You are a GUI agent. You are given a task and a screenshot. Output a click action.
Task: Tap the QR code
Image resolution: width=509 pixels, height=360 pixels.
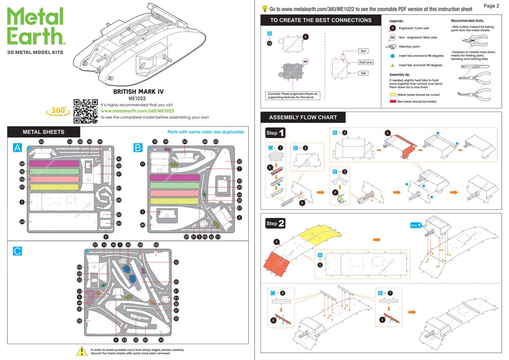pyautogui.click(x=86, y=110)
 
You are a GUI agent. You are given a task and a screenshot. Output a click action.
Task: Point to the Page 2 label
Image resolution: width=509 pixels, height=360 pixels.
pyautogui.click(x=491, y=6)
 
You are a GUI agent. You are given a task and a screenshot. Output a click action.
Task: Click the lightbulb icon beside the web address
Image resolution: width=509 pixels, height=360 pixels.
pyautogui.click(x=265, y=8)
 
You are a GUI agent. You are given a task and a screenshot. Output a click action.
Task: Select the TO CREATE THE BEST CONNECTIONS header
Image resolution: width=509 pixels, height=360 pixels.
pyautogui.click(x=321, y=20)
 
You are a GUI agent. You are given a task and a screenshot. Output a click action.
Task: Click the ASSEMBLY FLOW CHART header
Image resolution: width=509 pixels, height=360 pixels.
pyautogui.click(x=303, y=117)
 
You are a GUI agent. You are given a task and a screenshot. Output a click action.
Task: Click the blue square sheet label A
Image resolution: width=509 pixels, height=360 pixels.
pyautogui.click(x=18, y=148)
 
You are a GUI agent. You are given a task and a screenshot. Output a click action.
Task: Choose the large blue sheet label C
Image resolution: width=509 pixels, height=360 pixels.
pyautogui.click(x=17, y=252)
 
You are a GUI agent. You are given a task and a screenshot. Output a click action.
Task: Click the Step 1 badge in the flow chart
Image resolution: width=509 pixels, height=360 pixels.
pyautogui.click(x=275, y=133)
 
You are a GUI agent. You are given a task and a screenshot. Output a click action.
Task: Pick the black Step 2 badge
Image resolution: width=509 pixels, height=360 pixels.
pyautogui.click(x=275, y=223)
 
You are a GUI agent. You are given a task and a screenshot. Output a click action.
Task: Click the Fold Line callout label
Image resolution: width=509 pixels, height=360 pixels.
pyautogui.click(x=365, y=62)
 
